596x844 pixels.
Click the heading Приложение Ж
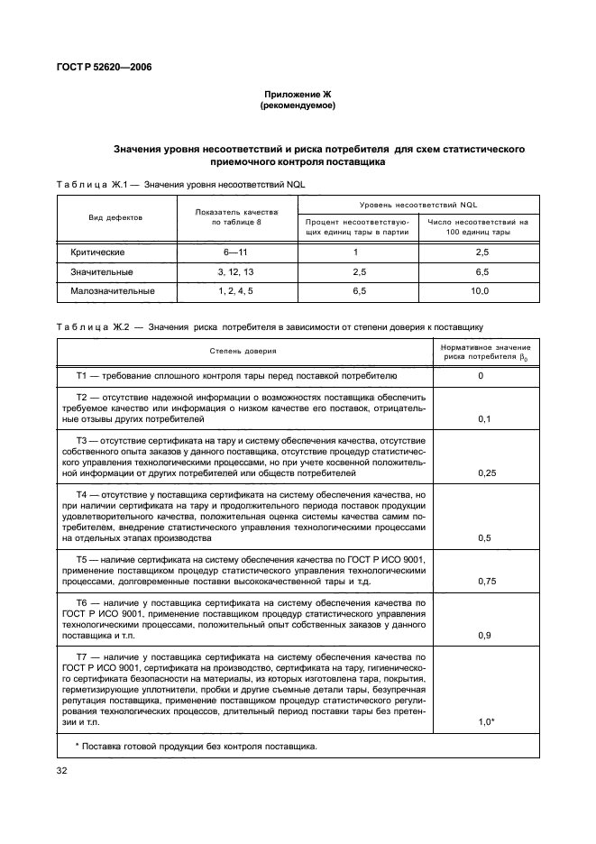(298, 95)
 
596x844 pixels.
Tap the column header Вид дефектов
(115, 217)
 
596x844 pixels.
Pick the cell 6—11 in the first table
(235, 252)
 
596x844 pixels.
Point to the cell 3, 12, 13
(235, 271)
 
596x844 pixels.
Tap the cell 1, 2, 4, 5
(235, 291)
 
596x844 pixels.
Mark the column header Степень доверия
(244, 351)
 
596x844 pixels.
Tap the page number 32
(62, 770)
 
